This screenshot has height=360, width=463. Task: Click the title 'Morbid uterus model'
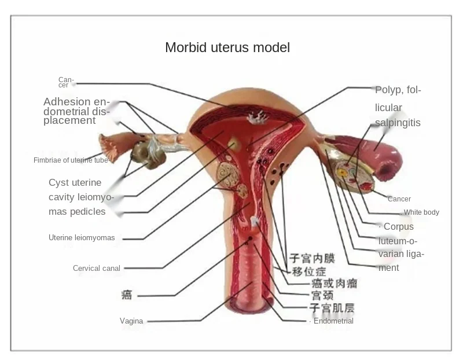coord(227,47)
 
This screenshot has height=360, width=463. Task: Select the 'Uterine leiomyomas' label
coord(82,237)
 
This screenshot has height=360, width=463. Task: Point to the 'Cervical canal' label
coord(96,268)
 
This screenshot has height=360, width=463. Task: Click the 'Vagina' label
coord(131,321)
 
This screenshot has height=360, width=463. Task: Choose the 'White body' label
coord(421,212)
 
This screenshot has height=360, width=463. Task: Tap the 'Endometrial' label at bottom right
coord(333,321)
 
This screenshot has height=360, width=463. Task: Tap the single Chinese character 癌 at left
coord(127,295)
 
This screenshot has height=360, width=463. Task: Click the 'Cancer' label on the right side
coord(399,199)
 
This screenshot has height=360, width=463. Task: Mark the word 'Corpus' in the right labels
coord(399,226)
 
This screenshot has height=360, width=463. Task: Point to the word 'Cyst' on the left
coord(58,183)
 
